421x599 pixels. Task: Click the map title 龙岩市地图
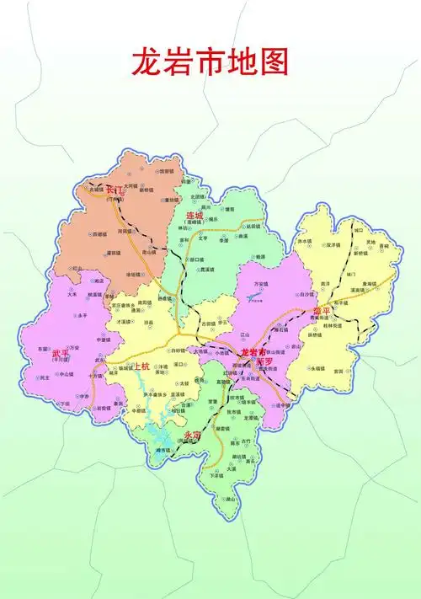pyautogui.click(x=210, y=62)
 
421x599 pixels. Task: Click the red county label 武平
pyautogui.click(x=61, y=354)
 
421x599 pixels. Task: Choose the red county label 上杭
pyautogui.click(x=139, y=366)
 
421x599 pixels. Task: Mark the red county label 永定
pyautogui.click(x=192, y=435)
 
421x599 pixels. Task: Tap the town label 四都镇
pyautogui.click(x=99, y=233)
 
